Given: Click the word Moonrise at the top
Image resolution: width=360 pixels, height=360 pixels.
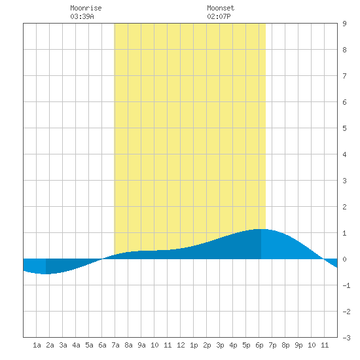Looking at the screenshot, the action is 86,8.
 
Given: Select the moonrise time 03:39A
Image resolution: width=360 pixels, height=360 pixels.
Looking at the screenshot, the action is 82,16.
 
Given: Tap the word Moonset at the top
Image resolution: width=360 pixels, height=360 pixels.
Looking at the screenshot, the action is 221,8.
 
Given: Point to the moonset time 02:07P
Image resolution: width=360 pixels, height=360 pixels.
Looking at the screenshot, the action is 219,16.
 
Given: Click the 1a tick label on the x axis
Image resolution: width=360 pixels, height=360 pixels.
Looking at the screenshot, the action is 37,345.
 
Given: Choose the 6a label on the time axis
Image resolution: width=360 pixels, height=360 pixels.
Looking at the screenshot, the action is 102,345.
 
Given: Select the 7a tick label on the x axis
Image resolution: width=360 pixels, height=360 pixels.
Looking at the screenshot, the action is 115,345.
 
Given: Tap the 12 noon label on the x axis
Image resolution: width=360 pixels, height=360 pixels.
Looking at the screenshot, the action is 181,345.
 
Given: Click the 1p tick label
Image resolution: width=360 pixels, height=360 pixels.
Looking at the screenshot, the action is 194,345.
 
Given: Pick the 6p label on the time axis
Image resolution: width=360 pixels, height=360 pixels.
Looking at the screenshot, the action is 259,345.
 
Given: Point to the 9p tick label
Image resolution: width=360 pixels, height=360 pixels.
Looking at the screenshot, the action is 298,345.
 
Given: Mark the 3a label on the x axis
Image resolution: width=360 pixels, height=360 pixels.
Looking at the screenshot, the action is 63,345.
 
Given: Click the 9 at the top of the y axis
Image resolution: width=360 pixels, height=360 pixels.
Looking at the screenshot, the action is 344,24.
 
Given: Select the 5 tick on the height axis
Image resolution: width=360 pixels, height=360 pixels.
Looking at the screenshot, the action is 344,128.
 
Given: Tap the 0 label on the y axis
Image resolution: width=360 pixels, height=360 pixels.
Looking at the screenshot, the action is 344,259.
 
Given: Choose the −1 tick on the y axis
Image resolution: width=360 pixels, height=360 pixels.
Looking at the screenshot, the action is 346,285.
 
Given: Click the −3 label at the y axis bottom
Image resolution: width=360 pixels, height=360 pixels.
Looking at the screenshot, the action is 346,338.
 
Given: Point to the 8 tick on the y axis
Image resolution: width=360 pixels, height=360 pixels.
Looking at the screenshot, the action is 344,50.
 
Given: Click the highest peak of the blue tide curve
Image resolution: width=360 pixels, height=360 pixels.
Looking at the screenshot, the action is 261,229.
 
